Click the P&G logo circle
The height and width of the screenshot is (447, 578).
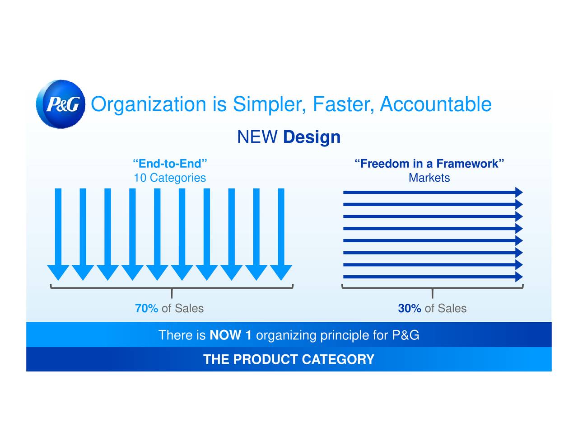click(61, 104)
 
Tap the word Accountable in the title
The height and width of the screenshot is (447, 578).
click(436, 104)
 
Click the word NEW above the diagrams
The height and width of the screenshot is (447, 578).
click(257, 137)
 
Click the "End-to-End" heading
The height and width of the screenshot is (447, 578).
click(170, 164)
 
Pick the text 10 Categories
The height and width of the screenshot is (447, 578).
click(170, 178)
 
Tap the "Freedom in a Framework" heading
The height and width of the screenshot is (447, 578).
click(429, 164)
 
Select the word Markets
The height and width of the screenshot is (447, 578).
click(429, 178)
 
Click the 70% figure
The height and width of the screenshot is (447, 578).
click(147, 308)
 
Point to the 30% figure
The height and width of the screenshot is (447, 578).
click(410, 308)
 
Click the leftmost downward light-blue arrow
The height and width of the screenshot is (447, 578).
click(58, 234)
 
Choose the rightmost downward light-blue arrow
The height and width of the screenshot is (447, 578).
click(281, 234)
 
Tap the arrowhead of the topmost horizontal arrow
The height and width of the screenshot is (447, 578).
click(519, 192)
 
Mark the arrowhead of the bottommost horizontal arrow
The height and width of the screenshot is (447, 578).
click(519, 277)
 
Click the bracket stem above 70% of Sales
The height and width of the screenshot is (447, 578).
click(172, 293)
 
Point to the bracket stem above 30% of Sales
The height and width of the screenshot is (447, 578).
click(433, 293)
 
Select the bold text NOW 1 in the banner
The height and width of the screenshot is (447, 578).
click(230, 335)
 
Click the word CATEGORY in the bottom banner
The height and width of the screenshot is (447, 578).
click(338, 359)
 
